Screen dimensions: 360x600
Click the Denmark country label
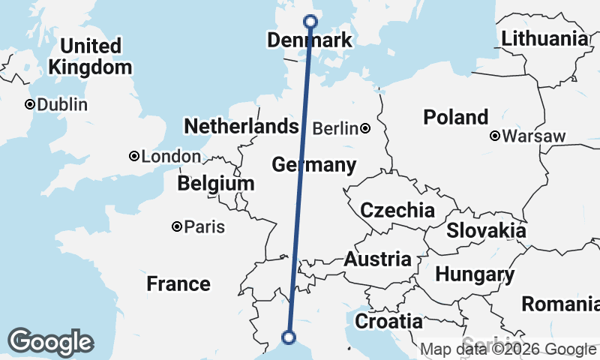click(309, 40)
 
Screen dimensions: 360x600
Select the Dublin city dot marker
click(30, 104)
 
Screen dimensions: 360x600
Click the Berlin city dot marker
click(365, 129)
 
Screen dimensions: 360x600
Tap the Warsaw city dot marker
click(495, 136)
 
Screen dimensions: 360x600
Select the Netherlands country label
click(241, 126)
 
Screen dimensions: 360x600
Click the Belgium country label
click(216, 183)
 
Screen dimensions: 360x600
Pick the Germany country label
click(313, 164)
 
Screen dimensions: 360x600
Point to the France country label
click(178, 283)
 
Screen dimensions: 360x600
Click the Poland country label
click(455, 117)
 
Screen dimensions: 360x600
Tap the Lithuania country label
click(544, 39)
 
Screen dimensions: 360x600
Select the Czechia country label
click(397, 210)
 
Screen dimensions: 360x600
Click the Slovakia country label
click(486, 230)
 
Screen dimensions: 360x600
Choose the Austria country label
click(377, 259)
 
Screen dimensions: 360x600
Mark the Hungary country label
click(475, 274)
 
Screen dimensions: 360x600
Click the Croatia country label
click(388, 321)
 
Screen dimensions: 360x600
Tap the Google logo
click(50, 342)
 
